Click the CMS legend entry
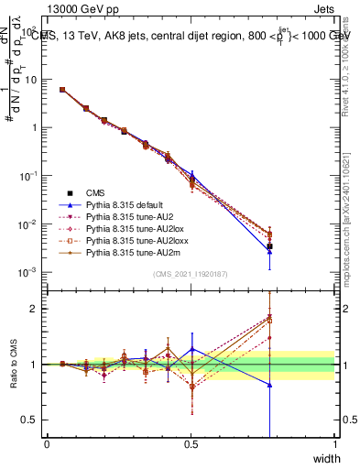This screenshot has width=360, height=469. pos(97,193)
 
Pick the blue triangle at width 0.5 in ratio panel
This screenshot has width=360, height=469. pos(191,348)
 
